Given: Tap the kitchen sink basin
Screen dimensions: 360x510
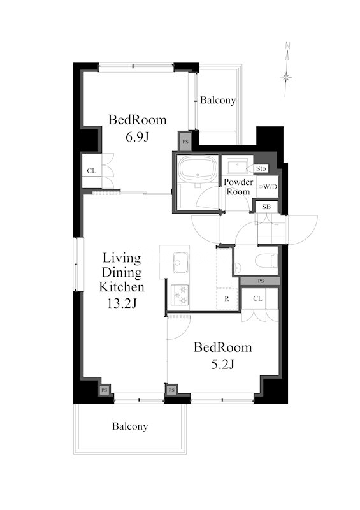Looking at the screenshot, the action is click(181, 262).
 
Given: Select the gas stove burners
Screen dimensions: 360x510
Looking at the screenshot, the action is click(180, 295).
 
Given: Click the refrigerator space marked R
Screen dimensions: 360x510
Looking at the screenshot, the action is click(227, 298).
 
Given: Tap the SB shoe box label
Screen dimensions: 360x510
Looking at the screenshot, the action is click(266, 207).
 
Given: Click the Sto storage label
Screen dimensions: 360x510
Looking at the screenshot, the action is click(261, 168).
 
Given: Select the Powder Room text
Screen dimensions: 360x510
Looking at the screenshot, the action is click(238, 187).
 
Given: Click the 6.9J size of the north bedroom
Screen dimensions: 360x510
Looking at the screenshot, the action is click(137, 137).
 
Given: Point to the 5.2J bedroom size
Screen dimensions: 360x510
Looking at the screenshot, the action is click(223, 365).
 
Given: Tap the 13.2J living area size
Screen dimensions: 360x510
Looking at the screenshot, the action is click(122, 303).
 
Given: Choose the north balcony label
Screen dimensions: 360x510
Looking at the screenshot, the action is click(218, 100).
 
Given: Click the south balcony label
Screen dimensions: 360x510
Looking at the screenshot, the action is click(130, 426).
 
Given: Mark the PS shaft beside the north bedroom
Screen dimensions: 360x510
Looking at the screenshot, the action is click(185, 142).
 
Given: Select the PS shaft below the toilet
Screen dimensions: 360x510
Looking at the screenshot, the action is click(261, 281).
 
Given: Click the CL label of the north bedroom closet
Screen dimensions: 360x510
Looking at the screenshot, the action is click(91, 171).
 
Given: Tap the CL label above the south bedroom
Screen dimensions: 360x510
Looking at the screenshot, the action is click(257, 298).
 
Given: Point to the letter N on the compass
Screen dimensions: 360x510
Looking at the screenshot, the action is click(287, 45).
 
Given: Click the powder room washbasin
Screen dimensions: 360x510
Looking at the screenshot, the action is click(238, 166).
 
